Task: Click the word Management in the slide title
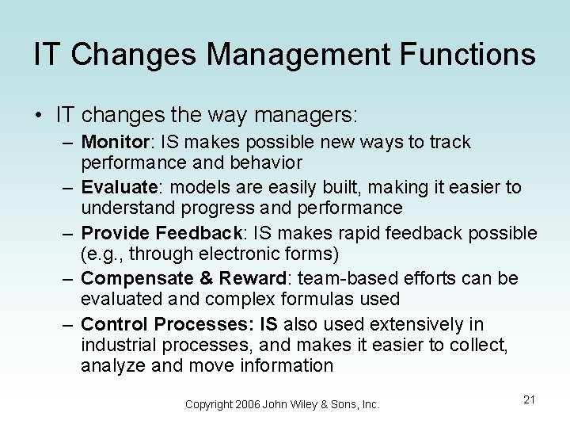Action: click(x=273, y=55)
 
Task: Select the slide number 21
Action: click(x=529, y=399)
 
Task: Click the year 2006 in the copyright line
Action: click(x=251, y=404)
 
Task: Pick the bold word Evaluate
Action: click(x=120, y=187)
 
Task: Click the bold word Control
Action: click(x=114, y=324)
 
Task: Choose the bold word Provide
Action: click(x=116, y=233)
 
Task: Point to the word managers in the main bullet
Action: click(x=306, y=115)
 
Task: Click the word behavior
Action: click(x=262, y=162)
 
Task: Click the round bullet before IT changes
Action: click(x=39, y=116)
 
